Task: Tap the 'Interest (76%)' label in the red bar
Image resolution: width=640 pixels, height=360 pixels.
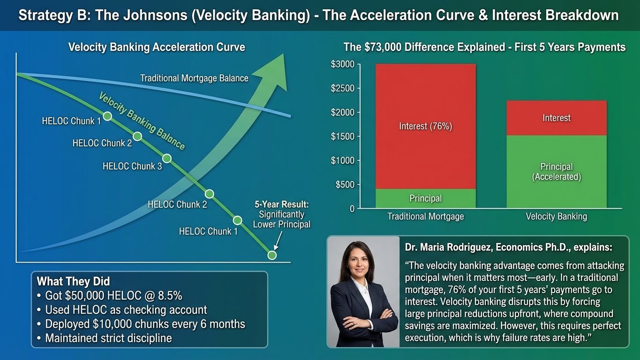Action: [425, 126]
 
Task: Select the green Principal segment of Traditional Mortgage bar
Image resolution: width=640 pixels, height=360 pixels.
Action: [425, 198]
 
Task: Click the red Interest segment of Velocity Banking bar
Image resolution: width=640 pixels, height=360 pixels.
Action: [556, 118]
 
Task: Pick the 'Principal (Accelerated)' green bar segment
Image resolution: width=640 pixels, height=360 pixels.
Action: [556, 172]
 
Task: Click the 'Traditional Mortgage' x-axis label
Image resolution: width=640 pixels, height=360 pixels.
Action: [425, 217]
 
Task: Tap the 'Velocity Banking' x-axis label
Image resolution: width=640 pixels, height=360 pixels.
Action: [556, 217]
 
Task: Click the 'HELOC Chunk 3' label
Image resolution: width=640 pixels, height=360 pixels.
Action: [132, 166]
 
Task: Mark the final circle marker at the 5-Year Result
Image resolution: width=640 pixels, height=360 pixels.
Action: [271, 255]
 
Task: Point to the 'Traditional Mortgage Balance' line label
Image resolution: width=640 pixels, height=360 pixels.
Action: [194, 78]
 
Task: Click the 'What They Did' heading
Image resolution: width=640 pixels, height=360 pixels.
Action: [73, 281]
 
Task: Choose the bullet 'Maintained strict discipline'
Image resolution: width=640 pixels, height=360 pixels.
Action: [108, 338]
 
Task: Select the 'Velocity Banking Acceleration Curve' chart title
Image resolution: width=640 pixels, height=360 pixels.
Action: [157, 47]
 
